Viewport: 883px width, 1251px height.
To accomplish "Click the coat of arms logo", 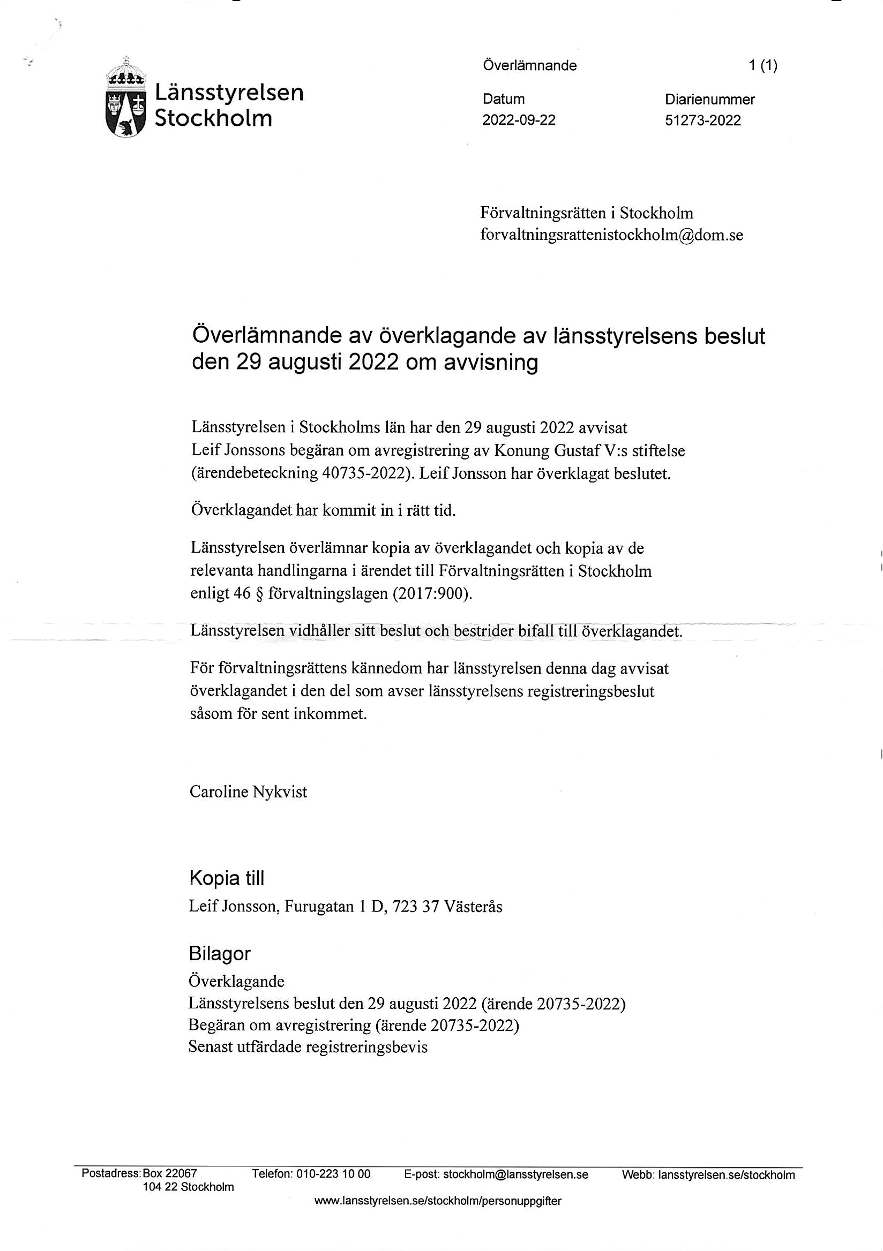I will (x=126, y=98).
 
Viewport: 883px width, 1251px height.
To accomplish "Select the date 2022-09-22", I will (x=518, y=120).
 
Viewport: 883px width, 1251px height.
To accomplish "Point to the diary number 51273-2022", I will (x=702, y=120).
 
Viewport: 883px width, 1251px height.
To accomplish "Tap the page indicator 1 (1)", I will (x=762, y=66).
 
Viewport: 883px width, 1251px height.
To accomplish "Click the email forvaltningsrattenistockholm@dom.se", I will (x=611, y=235).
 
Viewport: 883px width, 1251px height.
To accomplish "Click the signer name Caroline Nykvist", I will (x=248, y=792).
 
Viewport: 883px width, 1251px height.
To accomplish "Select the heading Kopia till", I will (x=226, y=878).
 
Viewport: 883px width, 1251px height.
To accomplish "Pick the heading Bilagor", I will (x=219, y=953).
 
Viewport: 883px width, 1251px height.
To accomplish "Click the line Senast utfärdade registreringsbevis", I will (x=308, y=1046).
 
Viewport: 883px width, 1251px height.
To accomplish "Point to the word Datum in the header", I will (x=503, y=99).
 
